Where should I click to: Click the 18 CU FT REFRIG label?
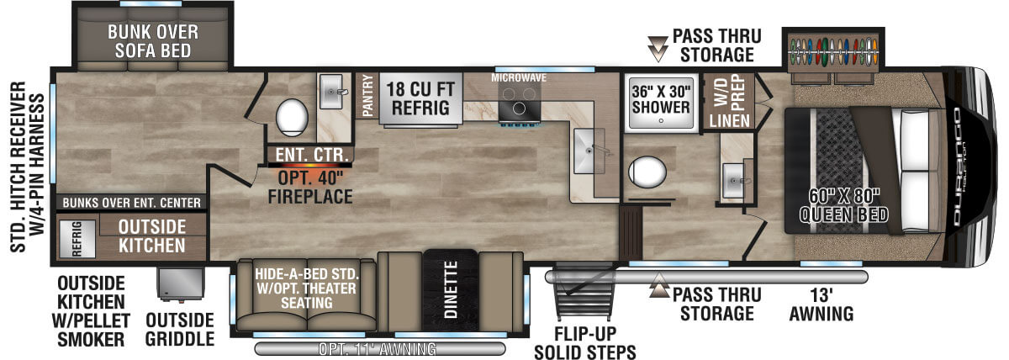click(x=420, y=98)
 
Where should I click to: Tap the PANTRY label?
click(x=368, y=96)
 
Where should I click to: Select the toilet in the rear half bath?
click(x=292, y=118)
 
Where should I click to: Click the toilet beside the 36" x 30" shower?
click(x=647, y=172)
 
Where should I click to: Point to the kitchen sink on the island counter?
click(x=589, y=151)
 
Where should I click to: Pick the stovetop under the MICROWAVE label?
click(x=519, y=103)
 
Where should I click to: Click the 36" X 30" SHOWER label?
click(x=661, y=99)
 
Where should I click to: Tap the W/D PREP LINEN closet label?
click(x=729, y=103)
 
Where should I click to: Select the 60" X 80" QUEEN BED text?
click(x=843, y=205)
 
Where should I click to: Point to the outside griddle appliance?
click(x=180, y=283)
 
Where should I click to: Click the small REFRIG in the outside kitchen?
click(x=77, y=238)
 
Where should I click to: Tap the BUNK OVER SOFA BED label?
click(x=153, y=41)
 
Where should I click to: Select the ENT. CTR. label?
click(x=312, y=155)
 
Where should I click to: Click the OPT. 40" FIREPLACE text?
click(x=310, y=188)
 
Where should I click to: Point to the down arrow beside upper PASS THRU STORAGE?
click(x=658, y=49)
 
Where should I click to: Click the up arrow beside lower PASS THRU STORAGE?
click(x=659, y=285)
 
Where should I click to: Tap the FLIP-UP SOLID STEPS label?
click(x=585, y=343)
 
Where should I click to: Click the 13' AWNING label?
click(x=821, y=304)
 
